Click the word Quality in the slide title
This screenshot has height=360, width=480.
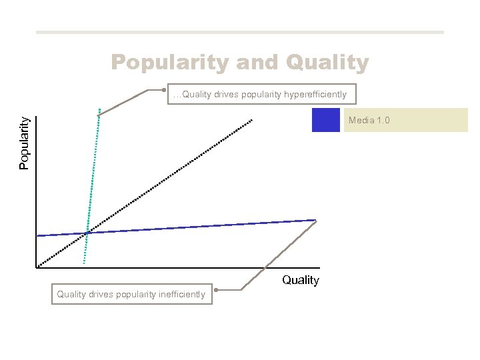327,63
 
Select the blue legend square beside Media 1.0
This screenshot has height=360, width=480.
326,119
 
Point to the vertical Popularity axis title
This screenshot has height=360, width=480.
24,143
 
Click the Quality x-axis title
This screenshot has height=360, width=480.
300,280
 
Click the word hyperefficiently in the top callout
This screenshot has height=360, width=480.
315,95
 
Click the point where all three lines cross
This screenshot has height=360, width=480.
87,233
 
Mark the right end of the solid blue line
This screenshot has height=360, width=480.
315,220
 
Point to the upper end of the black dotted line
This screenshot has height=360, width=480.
252,120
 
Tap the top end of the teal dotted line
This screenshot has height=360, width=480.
99,109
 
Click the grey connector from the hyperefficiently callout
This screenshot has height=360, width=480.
127,101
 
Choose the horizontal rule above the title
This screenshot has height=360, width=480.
240,32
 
